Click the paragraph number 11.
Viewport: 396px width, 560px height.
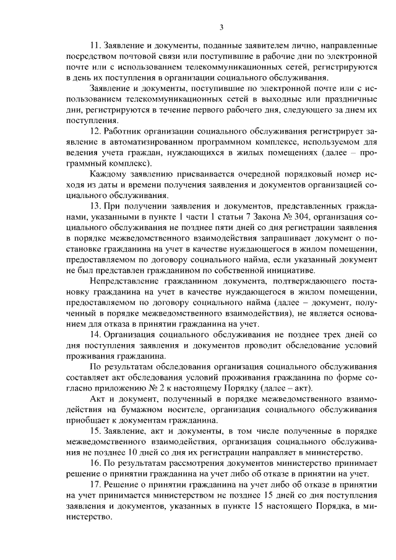coord(95,46)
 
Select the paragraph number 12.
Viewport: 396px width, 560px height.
coord(95,132)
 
